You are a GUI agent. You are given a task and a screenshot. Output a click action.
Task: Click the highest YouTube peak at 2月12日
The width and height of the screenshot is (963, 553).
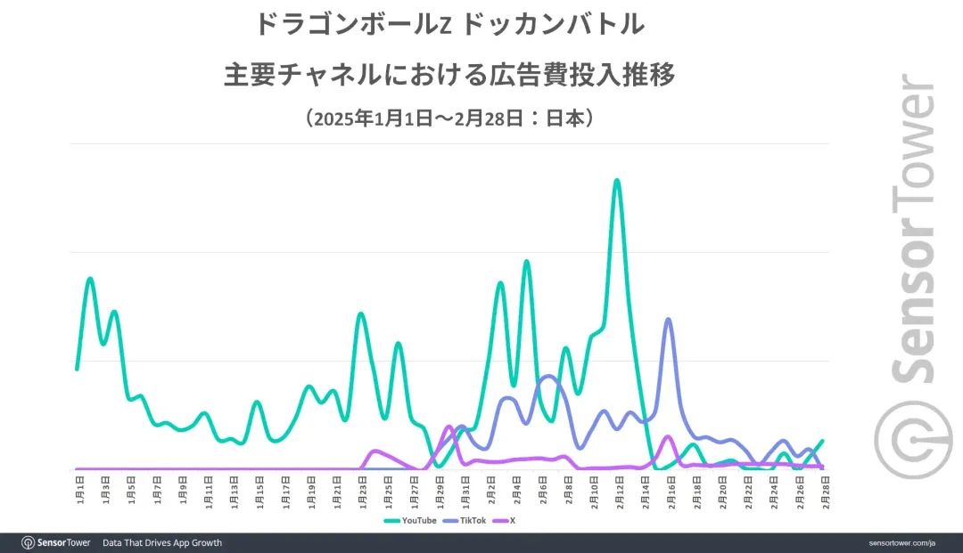click(616, 181)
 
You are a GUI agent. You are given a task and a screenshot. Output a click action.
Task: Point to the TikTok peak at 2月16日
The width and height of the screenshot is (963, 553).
click(668, 319)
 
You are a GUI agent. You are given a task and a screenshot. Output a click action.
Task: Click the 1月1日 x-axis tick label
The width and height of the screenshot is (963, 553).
click(80, 489)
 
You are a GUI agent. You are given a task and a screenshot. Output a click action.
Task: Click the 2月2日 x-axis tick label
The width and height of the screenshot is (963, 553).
click(490, 489)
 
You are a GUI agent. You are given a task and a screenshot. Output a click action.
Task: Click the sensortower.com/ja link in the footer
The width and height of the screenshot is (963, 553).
click(904, 542)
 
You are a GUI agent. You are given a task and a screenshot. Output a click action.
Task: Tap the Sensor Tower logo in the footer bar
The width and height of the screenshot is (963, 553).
click(55, 542)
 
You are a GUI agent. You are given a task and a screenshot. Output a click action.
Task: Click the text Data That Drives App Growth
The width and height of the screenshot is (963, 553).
click(162, 542)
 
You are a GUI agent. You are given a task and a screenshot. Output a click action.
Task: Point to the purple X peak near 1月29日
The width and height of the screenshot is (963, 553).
click(449, 427)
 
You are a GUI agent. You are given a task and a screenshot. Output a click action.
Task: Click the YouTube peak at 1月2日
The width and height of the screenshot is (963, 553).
click(90, 280)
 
